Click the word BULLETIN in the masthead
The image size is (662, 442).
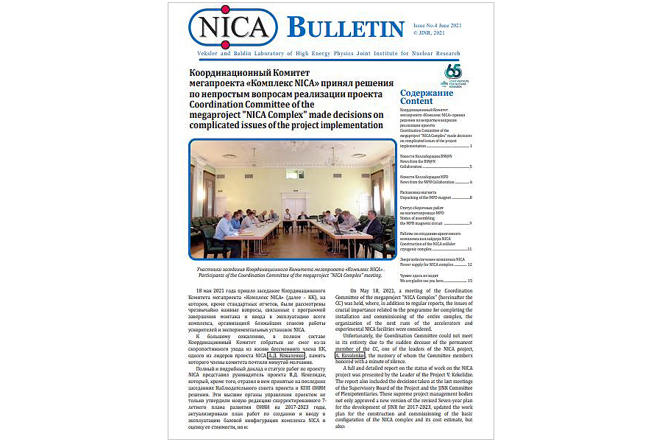345,28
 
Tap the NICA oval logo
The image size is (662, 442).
233,27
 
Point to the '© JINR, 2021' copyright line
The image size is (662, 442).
430,33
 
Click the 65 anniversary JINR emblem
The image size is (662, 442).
453,74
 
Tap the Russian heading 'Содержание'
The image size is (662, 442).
427,93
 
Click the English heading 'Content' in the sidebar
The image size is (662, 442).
416,102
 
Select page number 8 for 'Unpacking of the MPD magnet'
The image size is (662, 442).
471,198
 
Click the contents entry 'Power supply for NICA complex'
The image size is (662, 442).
432,264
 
